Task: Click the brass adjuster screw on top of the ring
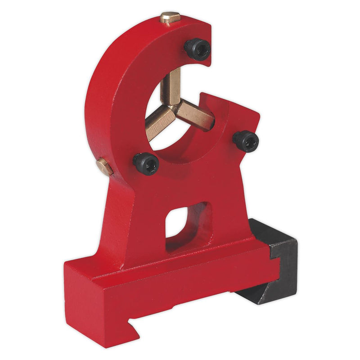point(170,18)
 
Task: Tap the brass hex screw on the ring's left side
point(104,167)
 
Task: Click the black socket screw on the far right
point(246,141)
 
